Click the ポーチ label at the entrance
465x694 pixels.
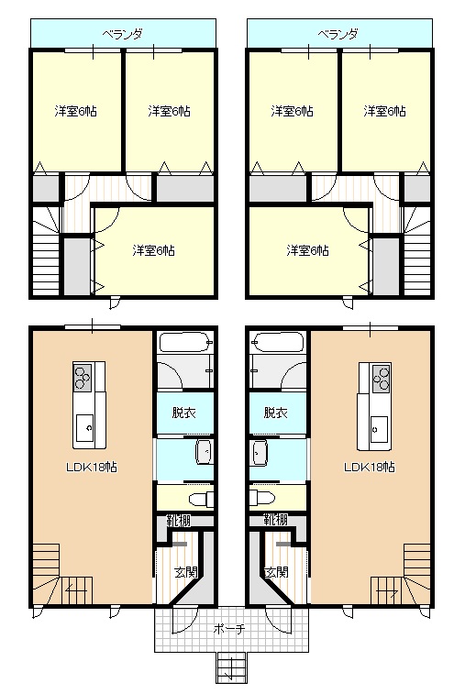tap(228, 629)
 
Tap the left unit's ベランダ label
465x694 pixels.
tap(123, 34)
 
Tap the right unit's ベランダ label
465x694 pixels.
tap(338, 34)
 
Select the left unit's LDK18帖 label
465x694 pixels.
tap(92, 467)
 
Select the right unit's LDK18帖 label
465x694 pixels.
tap(370, 467)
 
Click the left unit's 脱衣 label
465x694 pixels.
tap(184, 413)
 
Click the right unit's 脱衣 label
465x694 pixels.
tap(276, 413)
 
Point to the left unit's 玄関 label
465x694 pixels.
tap(186, 572)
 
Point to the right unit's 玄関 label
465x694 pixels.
tap(276, 572)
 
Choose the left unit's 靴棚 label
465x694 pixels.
tap(179, 520)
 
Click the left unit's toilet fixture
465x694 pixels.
tap(201, 499)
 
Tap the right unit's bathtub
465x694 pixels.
tap(277, 343)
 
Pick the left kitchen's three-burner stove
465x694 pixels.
tap(83, 378)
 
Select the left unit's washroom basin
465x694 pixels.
tap(205, 453)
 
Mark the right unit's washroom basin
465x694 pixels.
tap(259, 453)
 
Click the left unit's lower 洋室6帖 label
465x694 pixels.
tap(154, 251)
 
